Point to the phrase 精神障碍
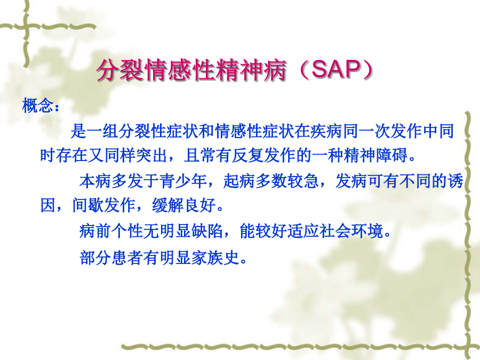click(375, 155)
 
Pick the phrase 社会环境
click(351, 231)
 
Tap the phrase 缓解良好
click(184, 205)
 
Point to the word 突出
click(151, 155)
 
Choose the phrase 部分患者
click(111, 258)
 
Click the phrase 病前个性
click(111, 231)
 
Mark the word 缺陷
click(207, 231)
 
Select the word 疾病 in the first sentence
click(327, 131)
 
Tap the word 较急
click(303, 181)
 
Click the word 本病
click(95, 181)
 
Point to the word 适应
click(303, 231)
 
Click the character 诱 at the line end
click(455, 181)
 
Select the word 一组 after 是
click(102, 131)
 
